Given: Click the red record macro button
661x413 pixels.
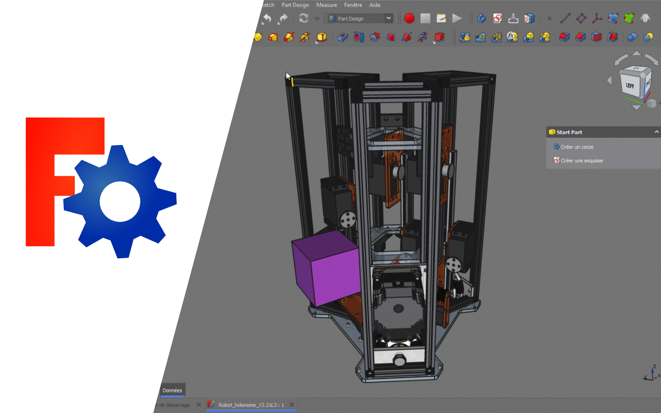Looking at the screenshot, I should coord(409,18).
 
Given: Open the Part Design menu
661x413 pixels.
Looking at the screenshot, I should coord(295,5).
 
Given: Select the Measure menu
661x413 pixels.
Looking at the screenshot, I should coord(326,5).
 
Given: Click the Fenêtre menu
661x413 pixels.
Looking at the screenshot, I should coord(353,5).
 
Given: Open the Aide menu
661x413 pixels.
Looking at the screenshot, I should coord(375,5).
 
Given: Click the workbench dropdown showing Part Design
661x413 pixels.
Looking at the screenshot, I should coord(360,19).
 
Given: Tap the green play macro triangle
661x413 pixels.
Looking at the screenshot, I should coord(457,18).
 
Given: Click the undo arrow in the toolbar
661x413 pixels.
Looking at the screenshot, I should coord(267,18).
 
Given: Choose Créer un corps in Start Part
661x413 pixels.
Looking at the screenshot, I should coord(577,147).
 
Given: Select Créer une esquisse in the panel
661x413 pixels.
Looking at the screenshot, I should coord(582,161).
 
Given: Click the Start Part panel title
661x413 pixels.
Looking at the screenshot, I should coord(569,132).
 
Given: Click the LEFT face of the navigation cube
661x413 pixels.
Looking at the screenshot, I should coord(630,86).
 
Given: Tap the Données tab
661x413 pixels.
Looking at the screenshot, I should coord(172,390).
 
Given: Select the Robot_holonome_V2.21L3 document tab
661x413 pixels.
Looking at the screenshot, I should coord(251,405).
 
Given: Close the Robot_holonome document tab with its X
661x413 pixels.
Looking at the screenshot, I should coord(292,405).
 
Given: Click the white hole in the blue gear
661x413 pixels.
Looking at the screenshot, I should coord(120,201).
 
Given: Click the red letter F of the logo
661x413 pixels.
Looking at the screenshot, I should coord(40,182).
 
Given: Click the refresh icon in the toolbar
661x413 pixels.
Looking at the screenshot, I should coord(304,18).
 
